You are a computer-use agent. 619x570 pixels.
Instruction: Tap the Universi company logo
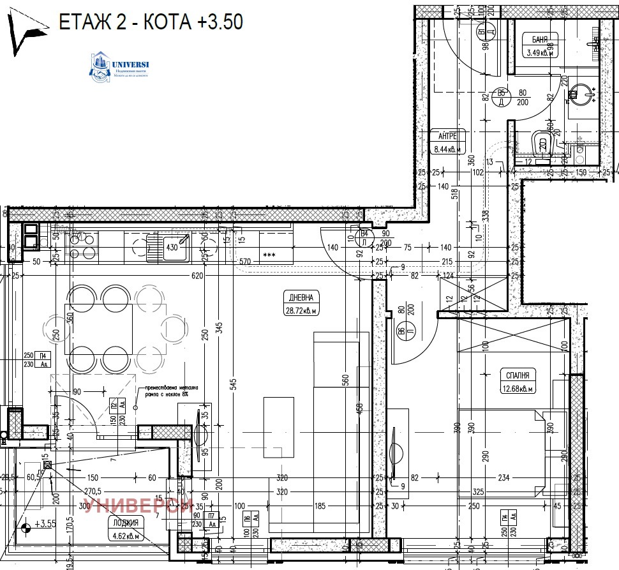121,68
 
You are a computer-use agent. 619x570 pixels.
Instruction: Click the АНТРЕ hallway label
446,135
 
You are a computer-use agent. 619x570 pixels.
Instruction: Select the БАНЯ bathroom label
539,40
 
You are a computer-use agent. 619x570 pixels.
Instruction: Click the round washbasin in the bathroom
580,93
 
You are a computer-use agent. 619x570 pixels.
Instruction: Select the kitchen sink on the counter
167,247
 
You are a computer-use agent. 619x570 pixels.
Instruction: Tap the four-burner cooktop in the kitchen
84,245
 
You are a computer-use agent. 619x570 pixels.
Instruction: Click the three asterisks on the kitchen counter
269,255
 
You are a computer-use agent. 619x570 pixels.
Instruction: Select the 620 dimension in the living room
197,276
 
